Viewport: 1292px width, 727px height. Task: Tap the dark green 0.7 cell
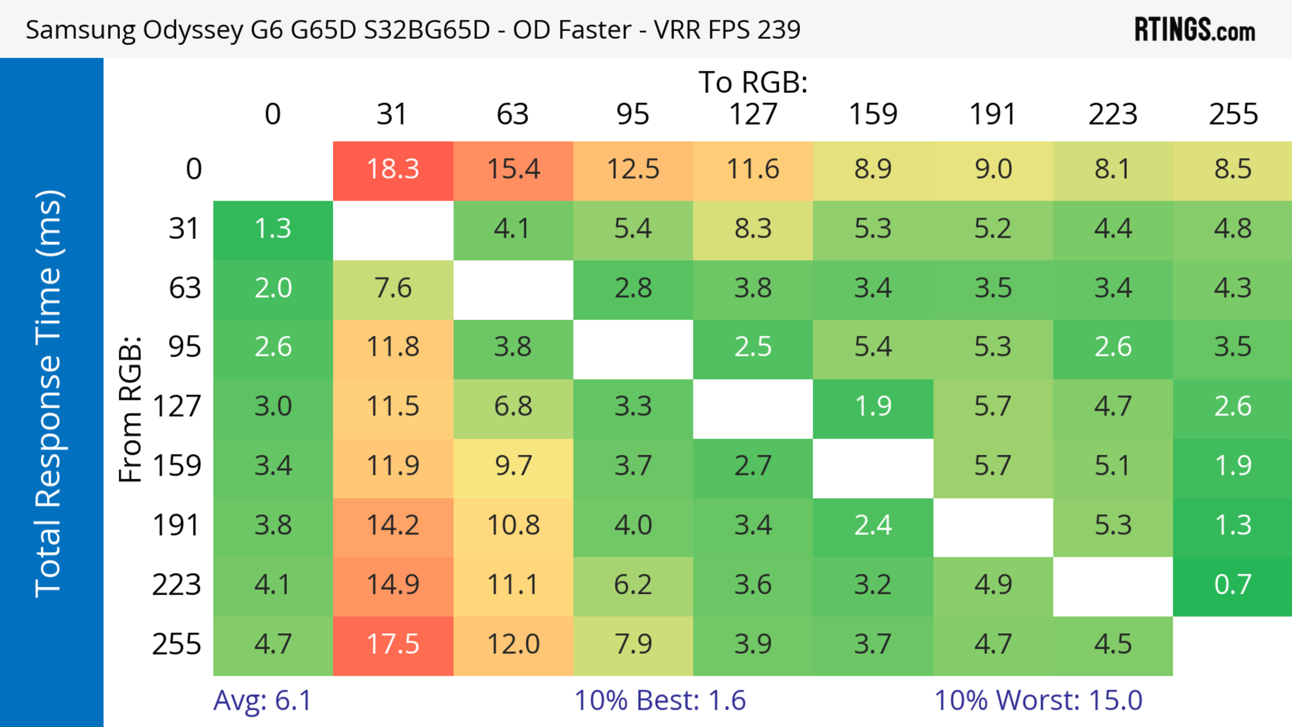pyautogui.click(x=1232, y=585)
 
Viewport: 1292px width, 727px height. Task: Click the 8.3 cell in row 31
pyautogui.click(x=753, y=229)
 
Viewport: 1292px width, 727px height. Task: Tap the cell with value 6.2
pyautogui.click(x=633, y=585)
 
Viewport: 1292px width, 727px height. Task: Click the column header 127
pyautogui.click(x=753, y=114)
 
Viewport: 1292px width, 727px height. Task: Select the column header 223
pyautogui.click(x=1112, y=114)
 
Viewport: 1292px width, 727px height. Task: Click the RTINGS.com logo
pyautogui.click(x=1195, y=30)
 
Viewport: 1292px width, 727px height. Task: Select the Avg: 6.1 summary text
pyautogui.click(x=262, y=700)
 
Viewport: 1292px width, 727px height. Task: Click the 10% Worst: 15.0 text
pyautogui.click(x=1038, y=700)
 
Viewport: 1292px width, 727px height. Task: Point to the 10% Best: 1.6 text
pyautogui.click(x=659, y=700)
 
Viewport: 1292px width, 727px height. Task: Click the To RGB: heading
pyautogui.click(x=753, y=82)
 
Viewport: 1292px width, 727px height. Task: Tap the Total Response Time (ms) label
pyautogui.click(x=49, y=394)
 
